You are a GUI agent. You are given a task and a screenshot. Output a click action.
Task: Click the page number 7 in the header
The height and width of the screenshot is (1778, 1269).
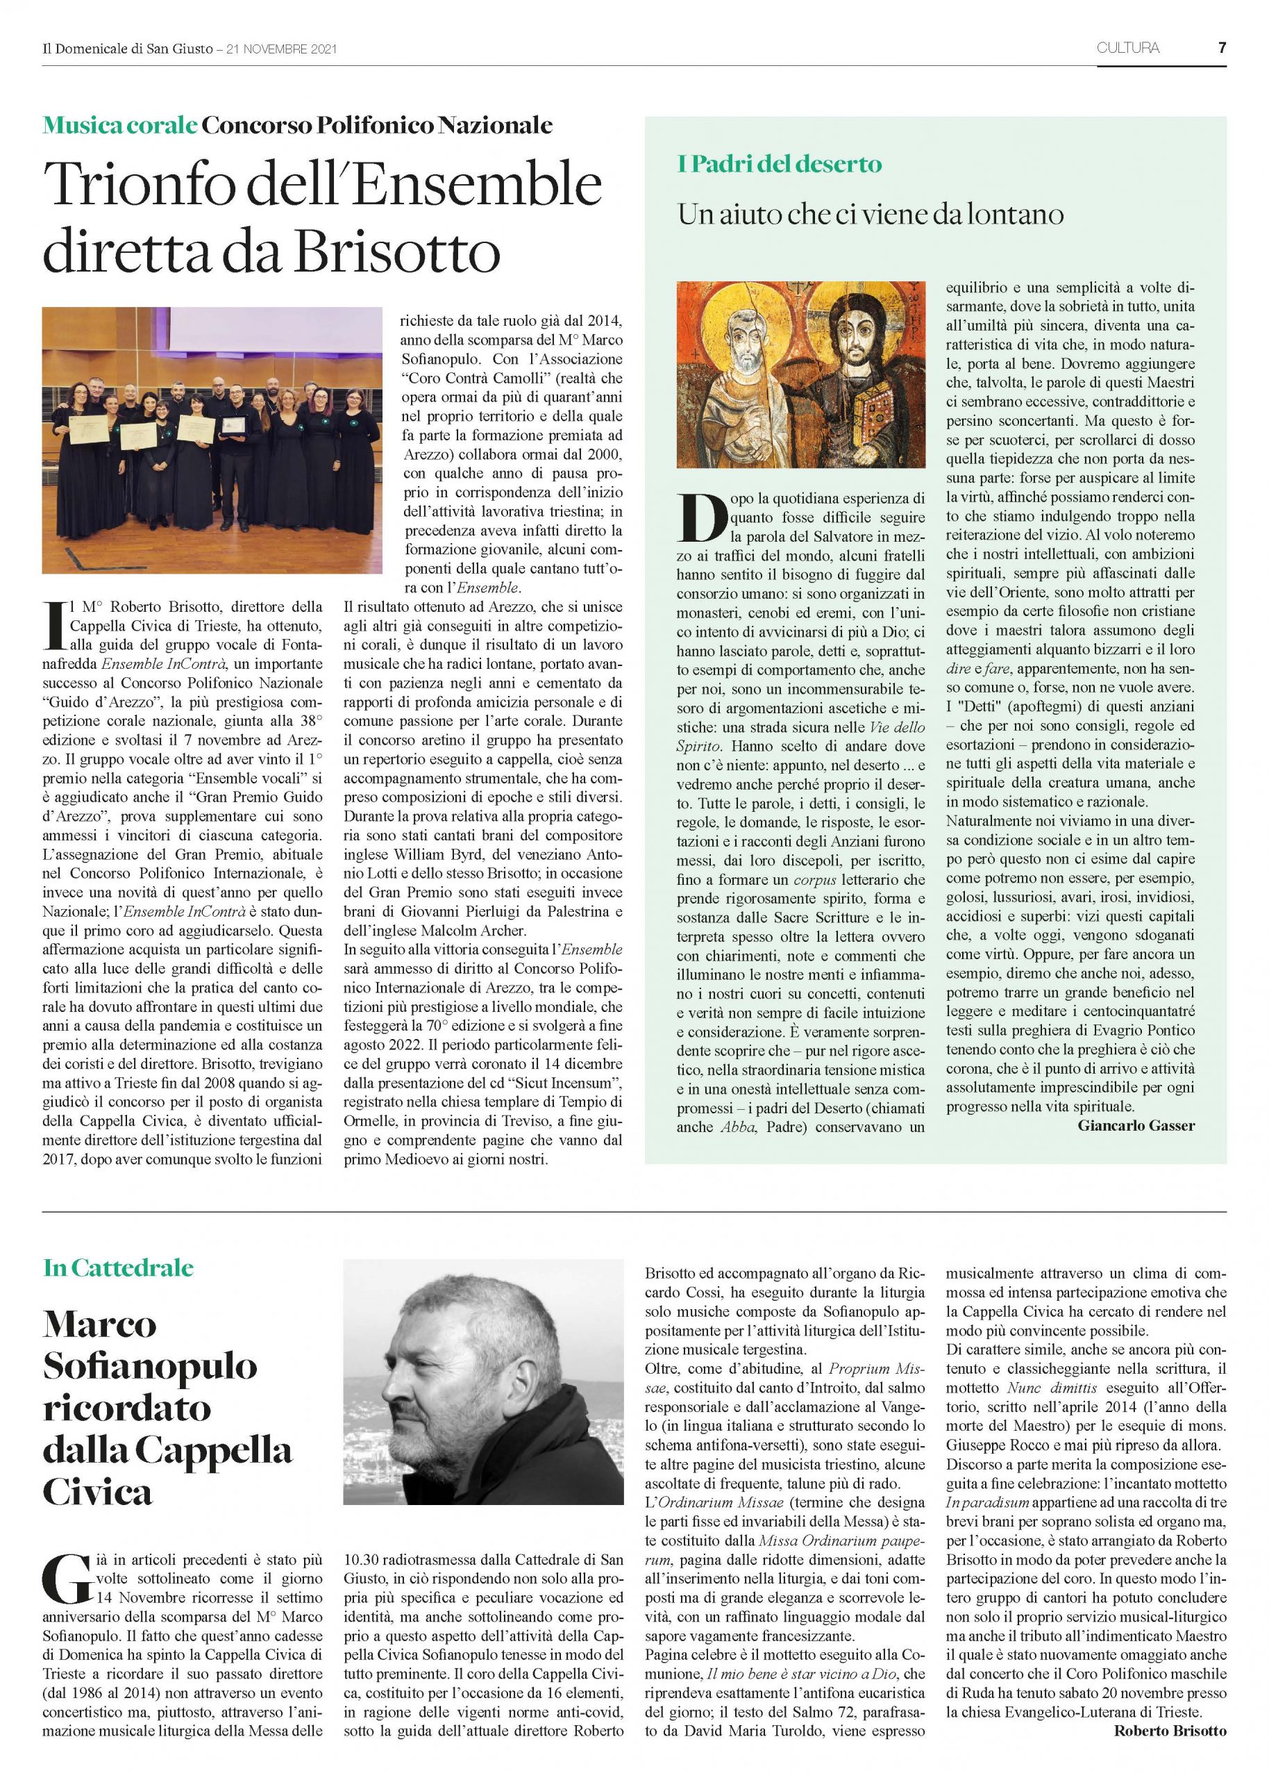pos(1221,49)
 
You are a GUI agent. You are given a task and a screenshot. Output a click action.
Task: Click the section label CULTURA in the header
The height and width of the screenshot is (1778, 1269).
pos(1127,49)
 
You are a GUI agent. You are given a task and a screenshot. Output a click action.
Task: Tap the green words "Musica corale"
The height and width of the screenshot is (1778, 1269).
pos(119,125)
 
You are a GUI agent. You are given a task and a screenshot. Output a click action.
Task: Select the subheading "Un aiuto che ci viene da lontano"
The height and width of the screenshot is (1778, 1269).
pos(871,214)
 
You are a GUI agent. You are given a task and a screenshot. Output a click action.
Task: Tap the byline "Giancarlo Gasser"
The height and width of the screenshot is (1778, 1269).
pos(1136,1127)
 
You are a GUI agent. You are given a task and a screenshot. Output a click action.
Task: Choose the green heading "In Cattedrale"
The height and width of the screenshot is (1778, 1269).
pos(118,1268)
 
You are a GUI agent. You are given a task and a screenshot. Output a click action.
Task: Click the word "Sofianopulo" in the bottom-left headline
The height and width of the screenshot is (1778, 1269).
pos(150,1366)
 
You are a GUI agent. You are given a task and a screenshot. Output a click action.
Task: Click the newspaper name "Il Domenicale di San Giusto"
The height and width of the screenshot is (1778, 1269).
pos(127,49)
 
